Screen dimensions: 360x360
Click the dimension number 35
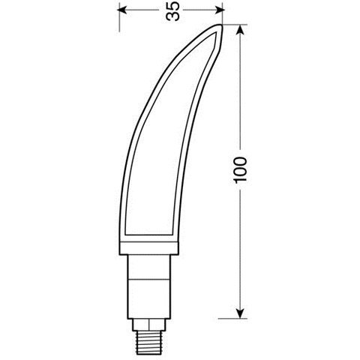tap(173, 13)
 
